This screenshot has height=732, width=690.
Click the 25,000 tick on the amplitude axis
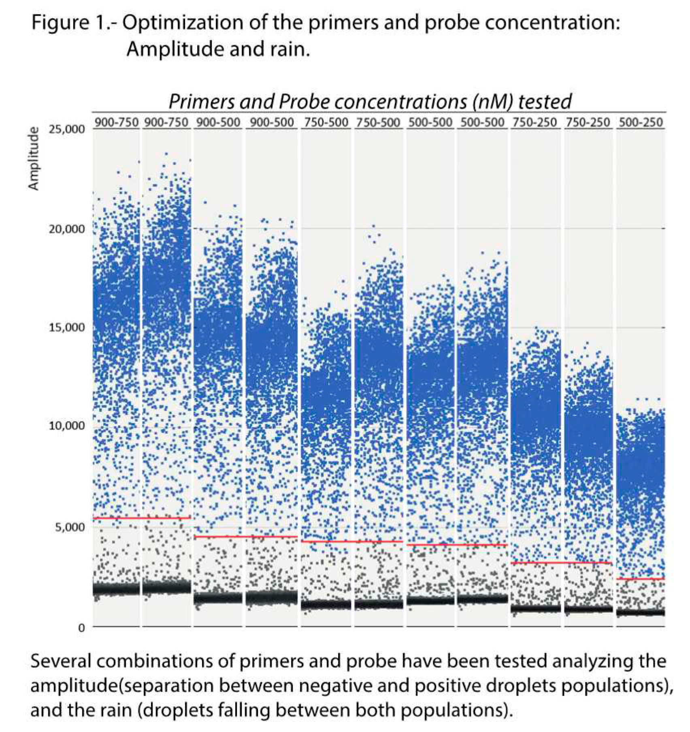[67, 129]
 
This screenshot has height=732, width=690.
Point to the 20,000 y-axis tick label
[67, 229]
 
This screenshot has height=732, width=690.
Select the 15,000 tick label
[67, 327]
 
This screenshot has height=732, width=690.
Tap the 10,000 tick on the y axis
[67, 426]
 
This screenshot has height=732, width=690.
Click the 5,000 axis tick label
[70, 527]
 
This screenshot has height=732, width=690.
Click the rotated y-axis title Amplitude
[34, 159]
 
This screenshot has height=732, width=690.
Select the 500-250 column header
[641, 122]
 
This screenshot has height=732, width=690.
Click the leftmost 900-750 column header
[117, 122]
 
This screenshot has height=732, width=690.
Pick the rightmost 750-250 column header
[588, 122]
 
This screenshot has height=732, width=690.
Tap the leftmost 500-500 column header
[430, 122]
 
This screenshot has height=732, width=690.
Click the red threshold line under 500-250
[641, 579]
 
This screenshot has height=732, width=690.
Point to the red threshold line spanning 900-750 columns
[142, 518]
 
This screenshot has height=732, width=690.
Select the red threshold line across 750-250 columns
[561, 562]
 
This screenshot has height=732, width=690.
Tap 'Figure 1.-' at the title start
[73, 23]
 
